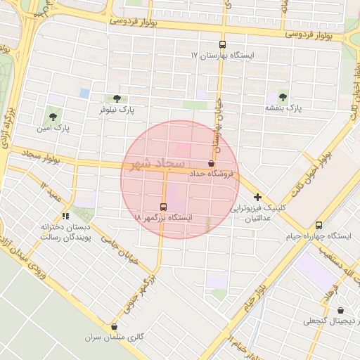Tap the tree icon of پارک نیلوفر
click(116, 98)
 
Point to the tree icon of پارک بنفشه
click(283, 97)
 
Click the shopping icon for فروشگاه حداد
click(212, 162)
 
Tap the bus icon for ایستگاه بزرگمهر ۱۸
click(163, 207)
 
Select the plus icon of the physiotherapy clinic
click(258, 197)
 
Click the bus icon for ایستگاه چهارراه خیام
click(319, 225)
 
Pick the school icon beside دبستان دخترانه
click(65, 216)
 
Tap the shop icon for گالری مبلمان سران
click(114, 326)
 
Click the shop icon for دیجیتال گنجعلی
click(340, 310)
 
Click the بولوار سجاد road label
click(42, 156)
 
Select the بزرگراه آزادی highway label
click(8, 127)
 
